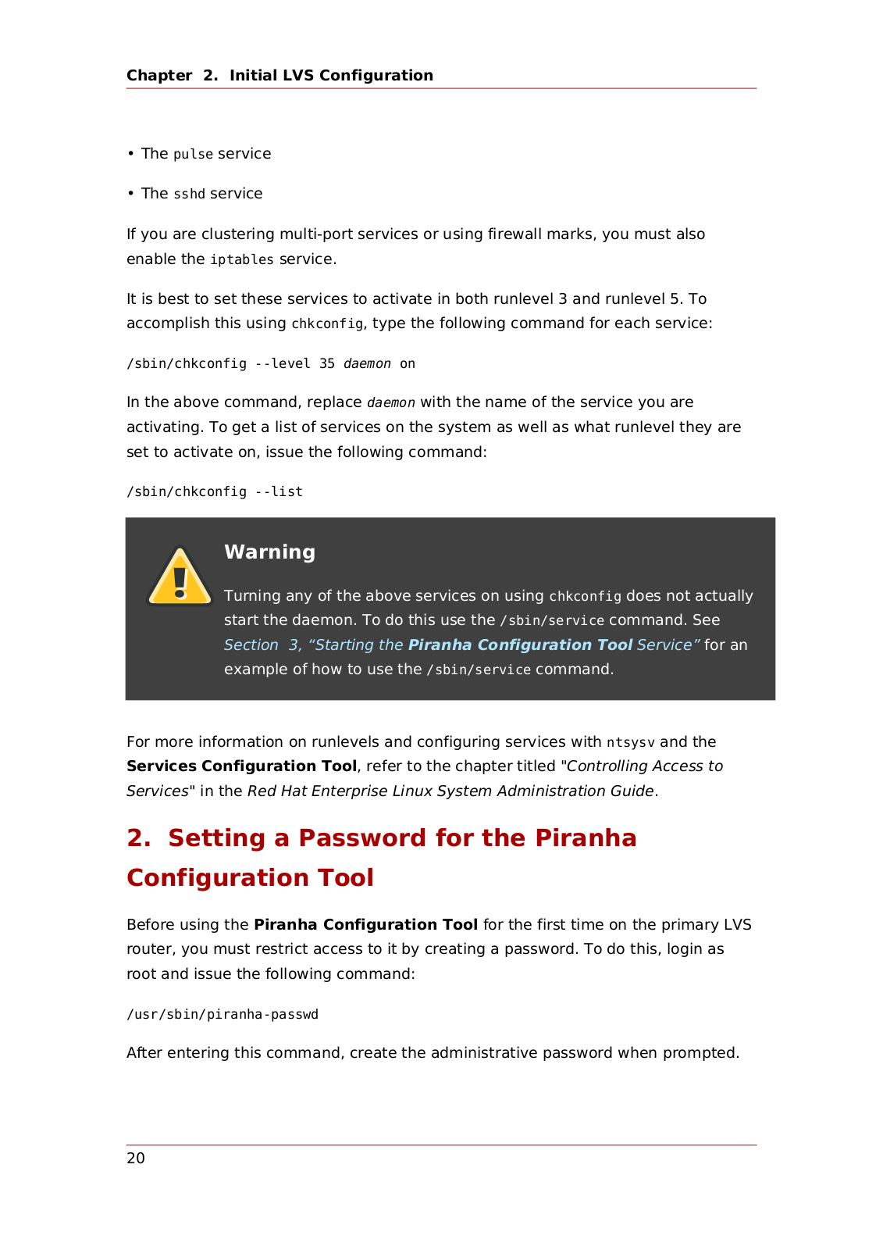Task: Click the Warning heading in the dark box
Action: point(269,552)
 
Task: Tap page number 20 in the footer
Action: point(136,1159)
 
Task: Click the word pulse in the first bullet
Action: point(193,155)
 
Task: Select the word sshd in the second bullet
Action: point(189,195)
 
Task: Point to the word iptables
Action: point(242,259)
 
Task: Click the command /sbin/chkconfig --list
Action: point(215,492)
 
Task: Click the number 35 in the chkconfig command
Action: point(327,364)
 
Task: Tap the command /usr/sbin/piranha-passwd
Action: point(223,1015)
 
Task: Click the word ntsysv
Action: point(631,742)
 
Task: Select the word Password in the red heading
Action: point(362,838)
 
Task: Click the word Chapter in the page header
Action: point(159,76)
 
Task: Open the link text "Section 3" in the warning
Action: point(262,645)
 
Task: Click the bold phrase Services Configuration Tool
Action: point(241,766)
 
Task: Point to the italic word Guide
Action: point(632,791)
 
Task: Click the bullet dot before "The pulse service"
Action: point(131,154)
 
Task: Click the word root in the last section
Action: point(141,974)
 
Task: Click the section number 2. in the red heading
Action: point(139,838)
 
